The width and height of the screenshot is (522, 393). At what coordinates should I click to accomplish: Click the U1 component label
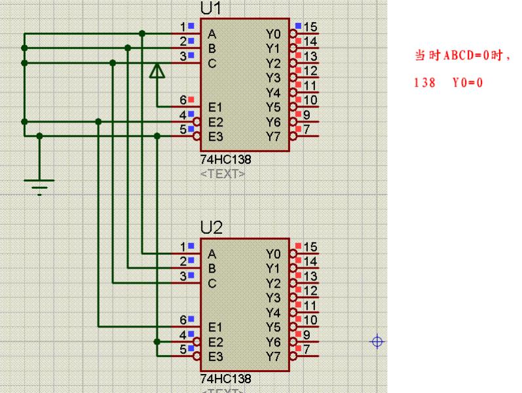[x=212, y=9]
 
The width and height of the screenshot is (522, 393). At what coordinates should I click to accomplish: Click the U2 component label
[x=212, y=228]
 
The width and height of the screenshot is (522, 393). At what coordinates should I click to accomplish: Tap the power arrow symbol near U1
[x=157, y=71]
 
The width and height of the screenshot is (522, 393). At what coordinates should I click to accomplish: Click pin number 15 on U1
[x=310, y=27]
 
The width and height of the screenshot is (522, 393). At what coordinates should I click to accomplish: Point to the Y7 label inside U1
[x=273, y=136]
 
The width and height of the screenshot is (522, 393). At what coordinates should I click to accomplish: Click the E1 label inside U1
[x=216, y=107]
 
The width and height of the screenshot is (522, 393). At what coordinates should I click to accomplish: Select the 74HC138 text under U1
[x=226, y=159]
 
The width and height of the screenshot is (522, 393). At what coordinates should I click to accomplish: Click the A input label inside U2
[x=212, y=253]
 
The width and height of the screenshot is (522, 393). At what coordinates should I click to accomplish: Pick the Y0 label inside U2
[x=273, y=253]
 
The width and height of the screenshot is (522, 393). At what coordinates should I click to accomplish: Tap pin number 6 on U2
[x=184, y=320]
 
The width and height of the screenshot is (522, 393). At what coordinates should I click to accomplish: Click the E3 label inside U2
[x=216, y=357]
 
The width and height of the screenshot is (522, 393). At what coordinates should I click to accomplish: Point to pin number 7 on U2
[x=307, y=349]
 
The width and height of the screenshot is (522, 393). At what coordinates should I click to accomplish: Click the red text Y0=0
[x=467, y=83]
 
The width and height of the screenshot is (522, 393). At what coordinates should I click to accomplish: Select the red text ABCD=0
[x=462, y=56]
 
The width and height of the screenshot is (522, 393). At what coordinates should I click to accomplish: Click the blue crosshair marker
[x=377, y=341]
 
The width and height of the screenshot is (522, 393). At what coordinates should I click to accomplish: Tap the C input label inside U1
[x=212, y=64]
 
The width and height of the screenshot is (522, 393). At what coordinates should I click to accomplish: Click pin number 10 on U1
[x=310, y=100]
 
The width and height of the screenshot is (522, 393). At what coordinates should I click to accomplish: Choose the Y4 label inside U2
[x=273, y=312]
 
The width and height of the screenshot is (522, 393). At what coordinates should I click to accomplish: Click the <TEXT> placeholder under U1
[x=223, y=174]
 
